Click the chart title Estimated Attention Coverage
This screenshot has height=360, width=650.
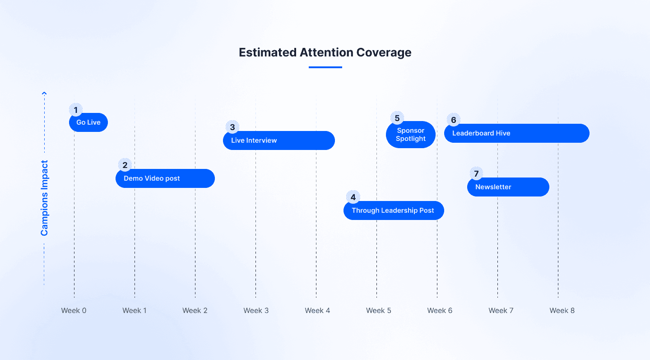(x=325, y=52)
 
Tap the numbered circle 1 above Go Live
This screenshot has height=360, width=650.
(x=76, y=110)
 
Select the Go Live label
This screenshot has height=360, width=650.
(x=88, y=122)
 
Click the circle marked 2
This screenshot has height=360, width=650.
(x=125, y=165)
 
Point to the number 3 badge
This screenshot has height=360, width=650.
(x=232, y=127)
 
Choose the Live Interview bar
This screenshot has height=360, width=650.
(x=279, y=140)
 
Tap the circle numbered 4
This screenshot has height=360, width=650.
(x=353, y=197)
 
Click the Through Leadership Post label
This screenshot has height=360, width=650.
(x=393, y=210)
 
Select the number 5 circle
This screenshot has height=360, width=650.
(x=397, y=118)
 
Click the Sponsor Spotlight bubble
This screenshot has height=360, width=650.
(x=411, y=135)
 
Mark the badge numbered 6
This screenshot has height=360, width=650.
(x=454, y=120)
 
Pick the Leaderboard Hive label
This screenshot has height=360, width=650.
(x=481, y=133)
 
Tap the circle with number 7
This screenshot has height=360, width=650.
(x=476, y=173)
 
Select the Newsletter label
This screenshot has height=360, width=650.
(x=493, y=187)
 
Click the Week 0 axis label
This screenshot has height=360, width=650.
(x=74, y=310)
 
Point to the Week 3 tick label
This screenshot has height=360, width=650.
(x=256, y=310)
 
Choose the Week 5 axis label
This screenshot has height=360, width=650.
(x=379, y=310)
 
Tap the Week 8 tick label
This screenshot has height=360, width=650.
(x=562, y=310)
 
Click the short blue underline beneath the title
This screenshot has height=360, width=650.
(x=325, y=67)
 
